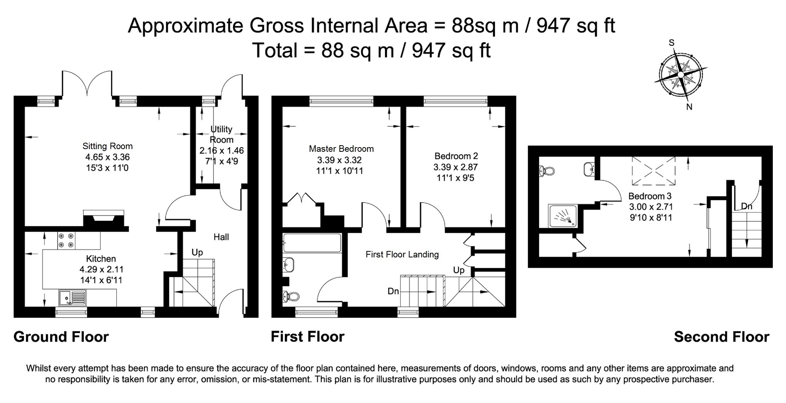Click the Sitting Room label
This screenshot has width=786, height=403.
click(108, 146)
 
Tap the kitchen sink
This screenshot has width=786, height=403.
click(73, 298)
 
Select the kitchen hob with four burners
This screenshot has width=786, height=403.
click(66, 240)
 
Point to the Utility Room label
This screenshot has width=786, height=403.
click(221, 134)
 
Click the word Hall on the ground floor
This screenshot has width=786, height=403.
click(221, 237)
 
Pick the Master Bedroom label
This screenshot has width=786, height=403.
click(341, 149)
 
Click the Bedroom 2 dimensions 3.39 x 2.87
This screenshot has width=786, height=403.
click(456, 167)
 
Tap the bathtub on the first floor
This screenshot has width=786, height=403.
click(312, 243)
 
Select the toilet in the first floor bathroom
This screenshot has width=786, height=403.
click(291, 297)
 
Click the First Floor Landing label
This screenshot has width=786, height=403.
click(402, 254)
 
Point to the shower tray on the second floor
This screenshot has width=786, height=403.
click(563, 216)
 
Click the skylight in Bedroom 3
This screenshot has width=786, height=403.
click(654, 171)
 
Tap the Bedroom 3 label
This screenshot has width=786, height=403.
click(650, 196)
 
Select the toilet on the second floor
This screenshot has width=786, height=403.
click(547, 170)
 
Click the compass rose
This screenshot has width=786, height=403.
click(680, 74)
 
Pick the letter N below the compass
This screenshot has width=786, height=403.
click(689, 107)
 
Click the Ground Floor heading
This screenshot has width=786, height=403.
click(61, 337)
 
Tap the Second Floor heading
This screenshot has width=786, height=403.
click(722, 337)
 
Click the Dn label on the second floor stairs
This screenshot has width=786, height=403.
click(747, 206)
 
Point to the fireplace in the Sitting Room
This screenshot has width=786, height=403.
click(104, 219)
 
